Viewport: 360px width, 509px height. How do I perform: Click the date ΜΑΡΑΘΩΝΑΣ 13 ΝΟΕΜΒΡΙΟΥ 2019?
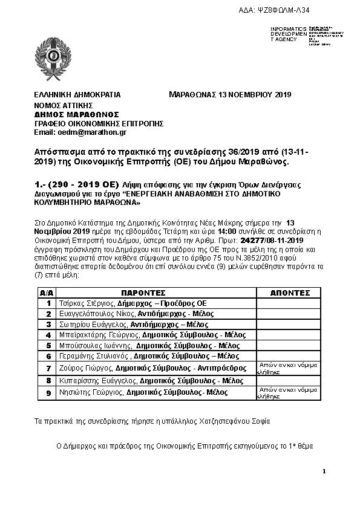[x=231, y=95]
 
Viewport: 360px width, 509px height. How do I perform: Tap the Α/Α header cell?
[x=46, y=291]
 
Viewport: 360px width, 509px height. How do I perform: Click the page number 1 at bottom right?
[x=324, y=471]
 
